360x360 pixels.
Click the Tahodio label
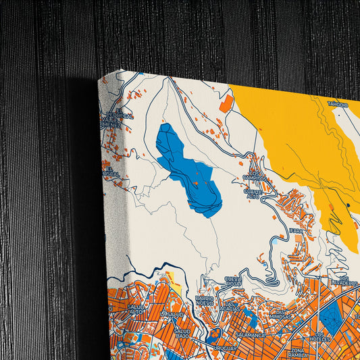tap(338, 105)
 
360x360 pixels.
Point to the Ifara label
tap(296, 230)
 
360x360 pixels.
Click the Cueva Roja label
tap(232, 282)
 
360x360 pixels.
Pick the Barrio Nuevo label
tap(205, 301)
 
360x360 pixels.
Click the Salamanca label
tap(249, 335)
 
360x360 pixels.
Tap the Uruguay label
tap(226, 349)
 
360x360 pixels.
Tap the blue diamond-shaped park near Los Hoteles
tap(333, 317)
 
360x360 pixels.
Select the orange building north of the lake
tap(227, 103)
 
